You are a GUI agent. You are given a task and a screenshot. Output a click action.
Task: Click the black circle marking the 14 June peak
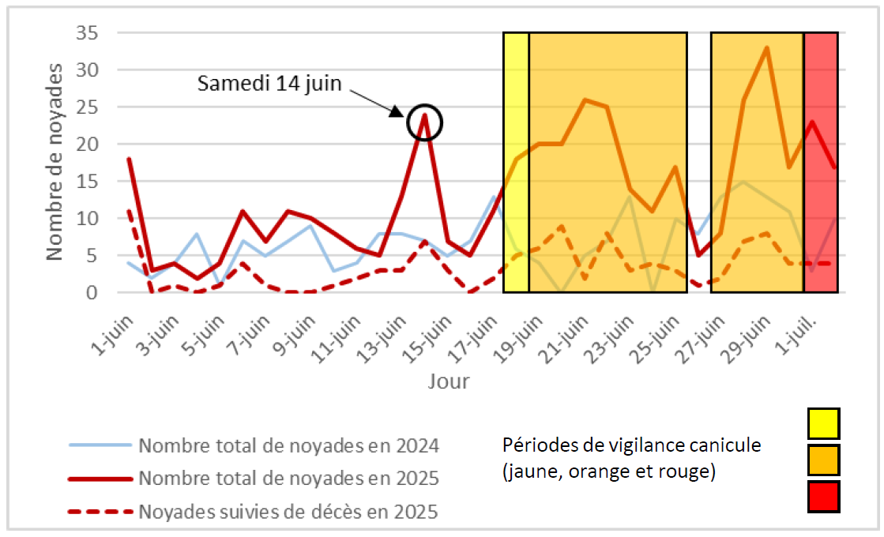(x=425, y=122)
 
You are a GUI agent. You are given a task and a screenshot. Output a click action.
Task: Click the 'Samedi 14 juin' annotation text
(x=269, y=83)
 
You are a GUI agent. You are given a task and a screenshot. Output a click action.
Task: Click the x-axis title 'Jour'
(x=449, y=382)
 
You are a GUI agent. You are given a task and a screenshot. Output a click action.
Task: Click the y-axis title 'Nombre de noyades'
(x=54, y=163)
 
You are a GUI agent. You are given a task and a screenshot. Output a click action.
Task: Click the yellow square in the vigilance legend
(x=823, y=423)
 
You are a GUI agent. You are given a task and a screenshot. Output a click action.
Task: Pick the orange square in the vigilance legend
(x=823, y=460)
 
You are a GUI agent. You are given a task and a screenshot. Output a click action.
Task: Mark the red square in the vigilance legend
(x=823, y=497)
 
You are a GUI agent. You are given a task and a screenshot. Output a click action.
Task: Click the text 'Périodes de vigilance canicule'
(x=631, y=445)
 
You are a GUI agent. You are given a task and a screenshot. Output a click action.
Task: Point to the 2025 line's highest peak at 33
(x=766, y=48)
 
